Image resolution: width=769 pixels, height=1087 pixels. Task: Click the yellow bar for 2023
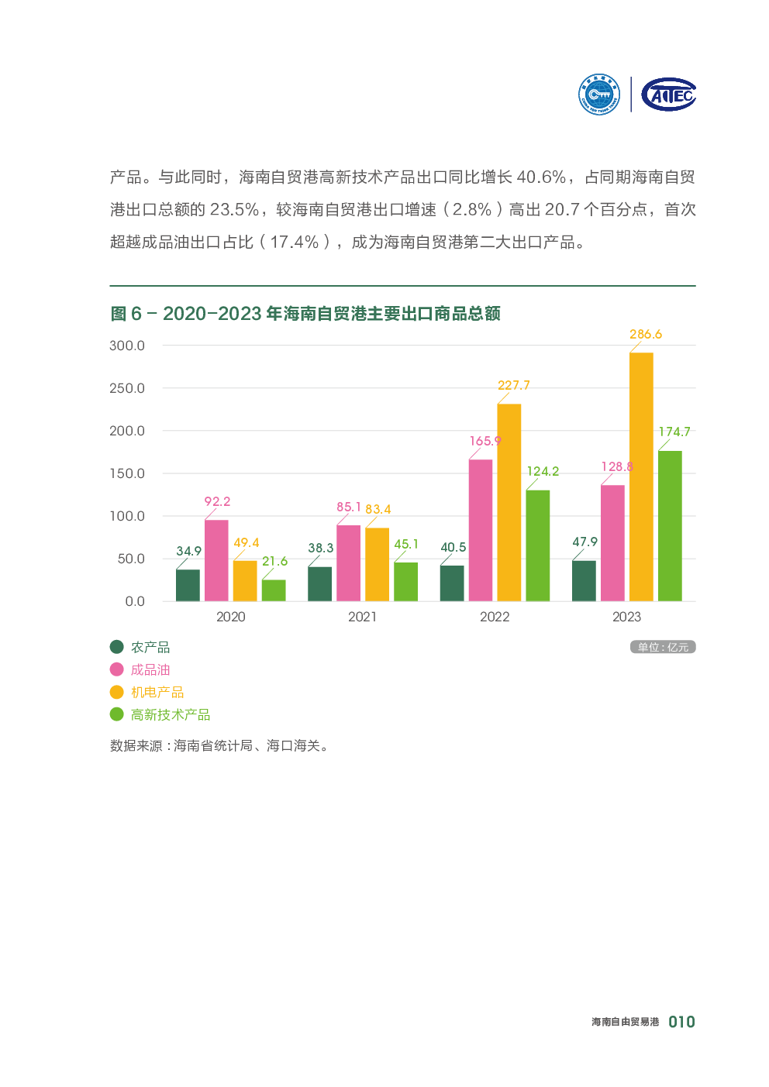[x=641, y=476]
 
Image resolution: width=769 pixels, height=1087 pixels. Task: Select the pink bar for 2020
[x=216, y=560]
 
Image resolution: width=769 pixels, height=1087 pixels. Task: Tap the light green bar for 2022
[x=538, y=545]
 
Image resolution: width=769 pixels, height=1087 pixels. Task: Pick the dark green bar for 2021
[x=319, y=583]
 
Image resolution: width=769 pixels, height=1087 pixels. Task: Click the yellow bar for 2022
[x=509, y=502]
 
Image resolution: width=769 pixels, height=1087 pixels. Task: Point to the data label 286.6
[x=646, y=335]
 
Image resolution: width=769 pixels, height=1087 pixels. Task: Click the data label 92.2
[x=217, y=501]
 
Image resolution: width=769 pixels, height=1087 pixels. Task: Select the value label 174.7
[x=674, y=432]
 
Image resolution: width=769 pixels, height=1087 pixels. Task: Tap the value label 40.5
[x=453, y=547]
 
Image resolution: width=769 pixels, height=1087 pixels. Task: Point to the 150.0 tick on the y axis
[x=127, y=473]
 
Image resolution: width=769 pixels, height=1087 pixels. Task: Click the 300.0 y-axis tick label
[x=127, y=346]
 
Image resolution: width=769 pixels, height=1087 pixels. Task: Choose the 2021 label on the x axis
[x=362, y=617]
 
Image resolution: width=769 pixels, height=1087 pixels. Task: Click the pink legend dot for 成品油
[x=117, y=669]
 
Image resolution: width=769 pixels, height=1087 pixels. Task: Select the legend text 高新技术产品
[x=171, y=714]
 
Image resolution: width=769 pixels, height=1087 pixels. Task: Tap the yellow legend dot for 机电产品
[x=117, y=692]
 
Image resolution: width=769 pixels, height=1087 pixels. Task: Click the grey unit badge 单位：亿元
[x=663, y=647]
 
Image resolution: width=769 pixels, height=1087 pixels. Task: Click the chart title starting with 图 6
[x=305, y=314]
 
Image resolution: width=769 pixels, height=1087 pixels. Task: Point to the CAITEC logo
[x=669, y=95]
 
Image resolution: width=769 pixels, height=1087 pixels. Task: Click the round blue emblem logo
[x=599, y=95]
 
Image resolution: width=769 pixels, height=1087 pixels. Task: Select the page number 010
[x=681, y=1022]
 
